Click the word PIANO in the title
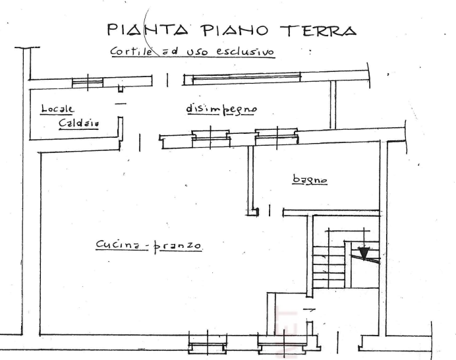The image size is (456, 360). [x=235, y=30]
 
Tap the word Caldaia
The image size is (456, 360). [x=78, y=123]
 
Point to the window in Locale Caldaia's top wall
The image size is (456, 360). [x=92, y=82]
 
